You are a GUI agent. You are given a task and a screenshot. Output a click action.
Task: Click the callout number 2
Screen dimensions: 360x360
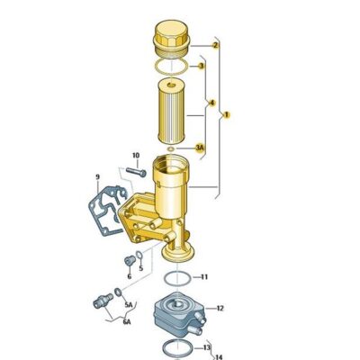[x=215, y=44]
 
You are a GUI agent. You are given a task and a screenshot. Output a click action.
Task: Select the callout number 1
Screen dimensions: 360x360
[x=227, y=114]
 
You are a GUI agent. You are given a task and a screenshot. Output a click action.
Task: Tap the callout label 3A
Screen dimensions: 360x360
[x=200, y=148]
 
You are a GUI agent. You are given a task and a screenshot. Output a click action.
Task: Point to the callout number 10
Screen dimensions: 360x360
[x=136, y=156]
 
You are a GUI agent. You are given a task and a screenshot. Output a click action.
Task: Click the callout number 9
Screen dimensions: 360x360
[x=98, y=176]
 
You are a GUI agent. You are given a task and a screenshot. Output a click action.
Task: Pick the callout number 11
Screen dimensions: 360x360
[x=203, y=276]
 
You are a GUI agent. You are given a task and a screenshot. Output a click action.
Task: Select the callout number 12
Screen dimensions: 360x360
[x=220, y=309]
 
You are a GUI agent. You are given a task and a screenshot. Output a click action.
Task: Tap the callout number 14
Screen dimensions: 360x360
[x=218, y=357]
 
